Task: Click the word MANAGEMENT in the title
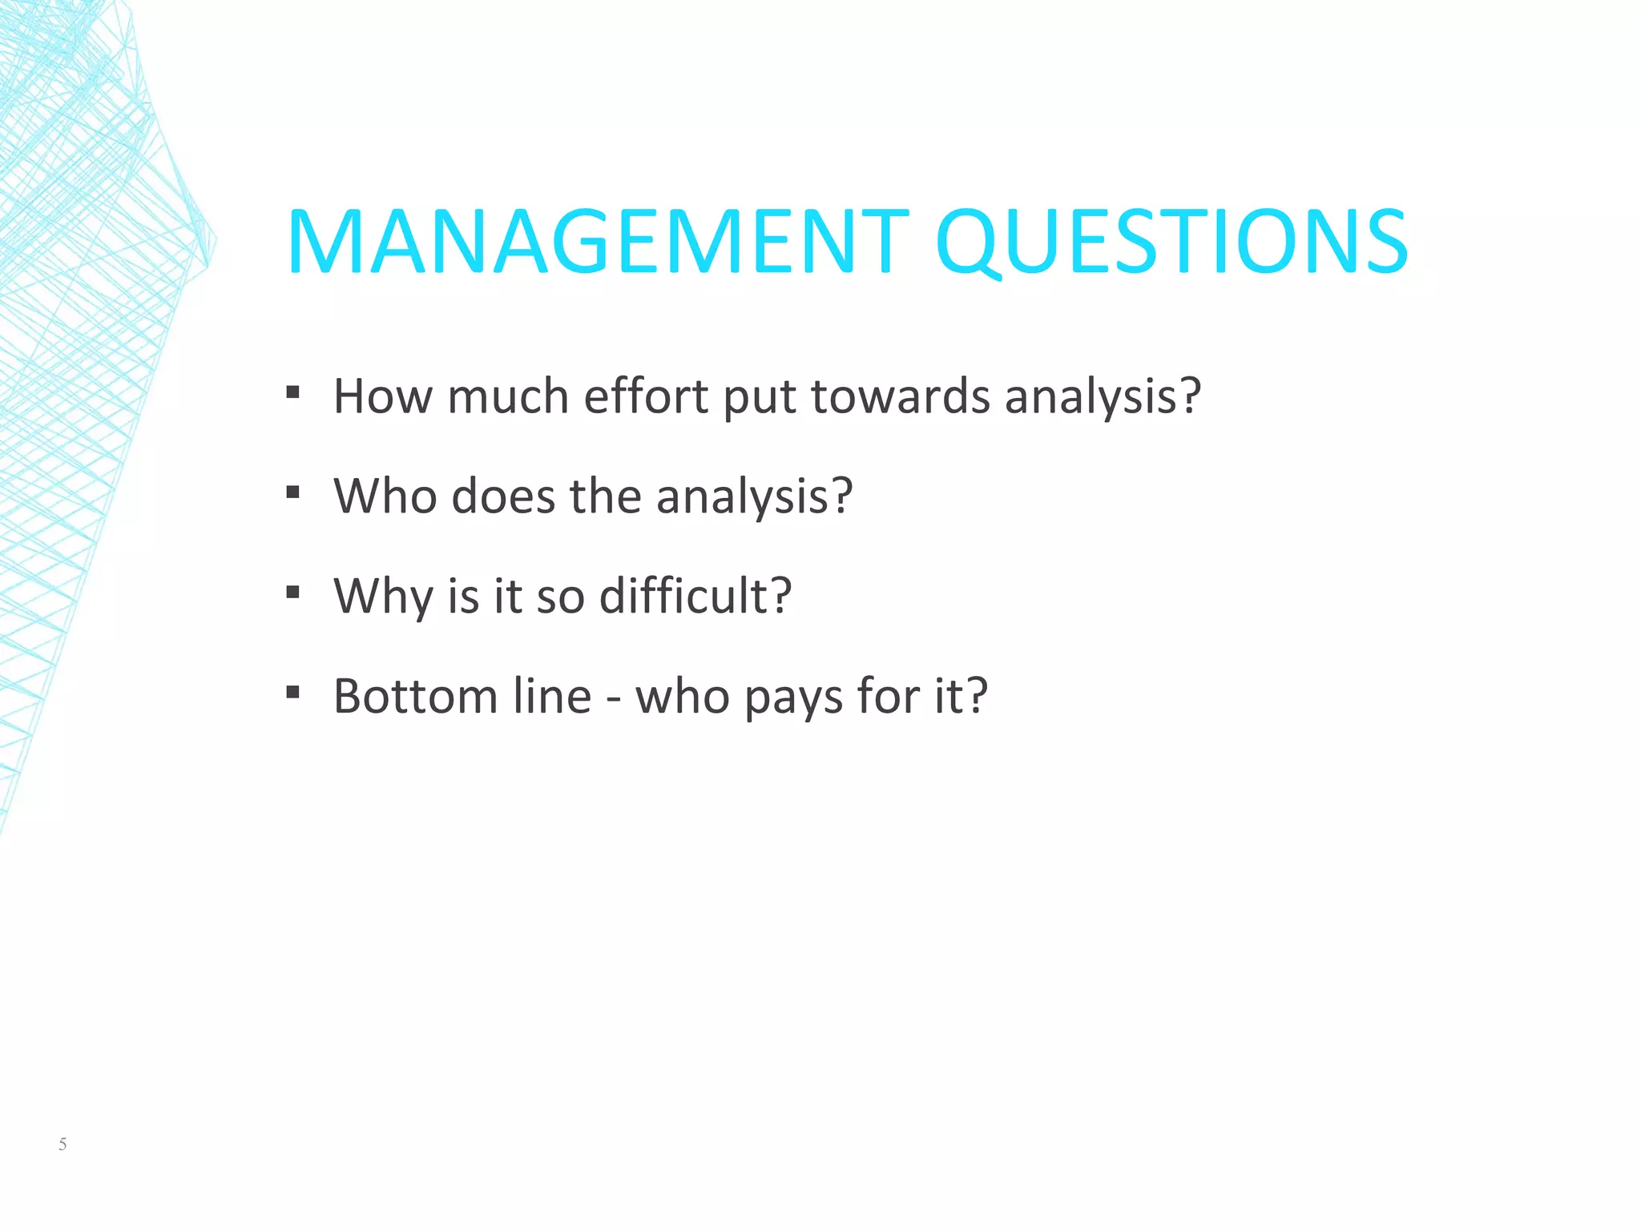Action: click(x=598, y=242)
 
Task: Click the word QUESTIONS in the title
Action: click(x=1171, y=242)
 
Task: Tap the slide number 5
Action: click(x=62, y=1144)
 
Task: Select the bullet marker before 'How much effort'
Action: click(x=292, y=392)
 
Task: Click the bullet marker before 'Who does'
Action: click(x=292, y=492)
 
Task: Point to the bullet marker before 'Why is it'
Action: click(x=292, y=593)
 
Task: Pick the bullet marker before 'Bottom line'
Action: click(x=292, y=692)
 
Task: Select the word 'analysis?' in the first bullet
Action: click(x=1103, y=397)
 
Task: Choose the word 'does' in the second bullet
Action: click(x=503, y=496)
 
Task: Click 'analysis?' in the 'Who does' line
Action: click(x=754, y=497)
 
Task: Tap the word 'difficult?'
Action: click(x=696, y=596)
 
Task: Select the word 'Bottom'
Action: click(x=416, y=695)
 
